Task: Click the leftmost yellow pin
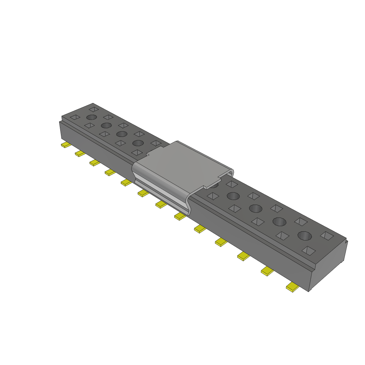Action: point(65,145)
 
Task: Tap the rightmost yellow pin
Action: point(293,287)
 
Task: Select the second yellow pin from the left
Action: point(80,154)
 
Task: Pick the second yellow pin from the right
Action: point(267,271)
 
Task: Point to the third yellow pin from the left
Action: point(94,163)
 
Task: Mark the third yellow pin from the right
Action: point(243,256)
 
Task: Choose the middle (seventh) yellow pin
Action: point(160,204)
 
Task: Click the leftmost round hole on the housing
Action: point(91,117)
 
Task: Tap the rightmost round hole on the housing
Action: point(304,236)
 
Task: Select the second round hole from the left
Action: point(106,125)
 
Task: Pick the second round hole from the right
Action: point(279,222)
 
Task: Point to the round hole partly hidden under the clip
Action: point(214,184)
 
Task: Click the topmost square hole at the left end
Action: point(94,109)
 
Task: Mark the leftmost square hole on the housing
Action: point(75,117)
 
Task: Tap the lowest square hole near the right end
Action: point(308,251)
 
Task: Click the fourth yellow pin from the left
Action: point(110,172)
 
